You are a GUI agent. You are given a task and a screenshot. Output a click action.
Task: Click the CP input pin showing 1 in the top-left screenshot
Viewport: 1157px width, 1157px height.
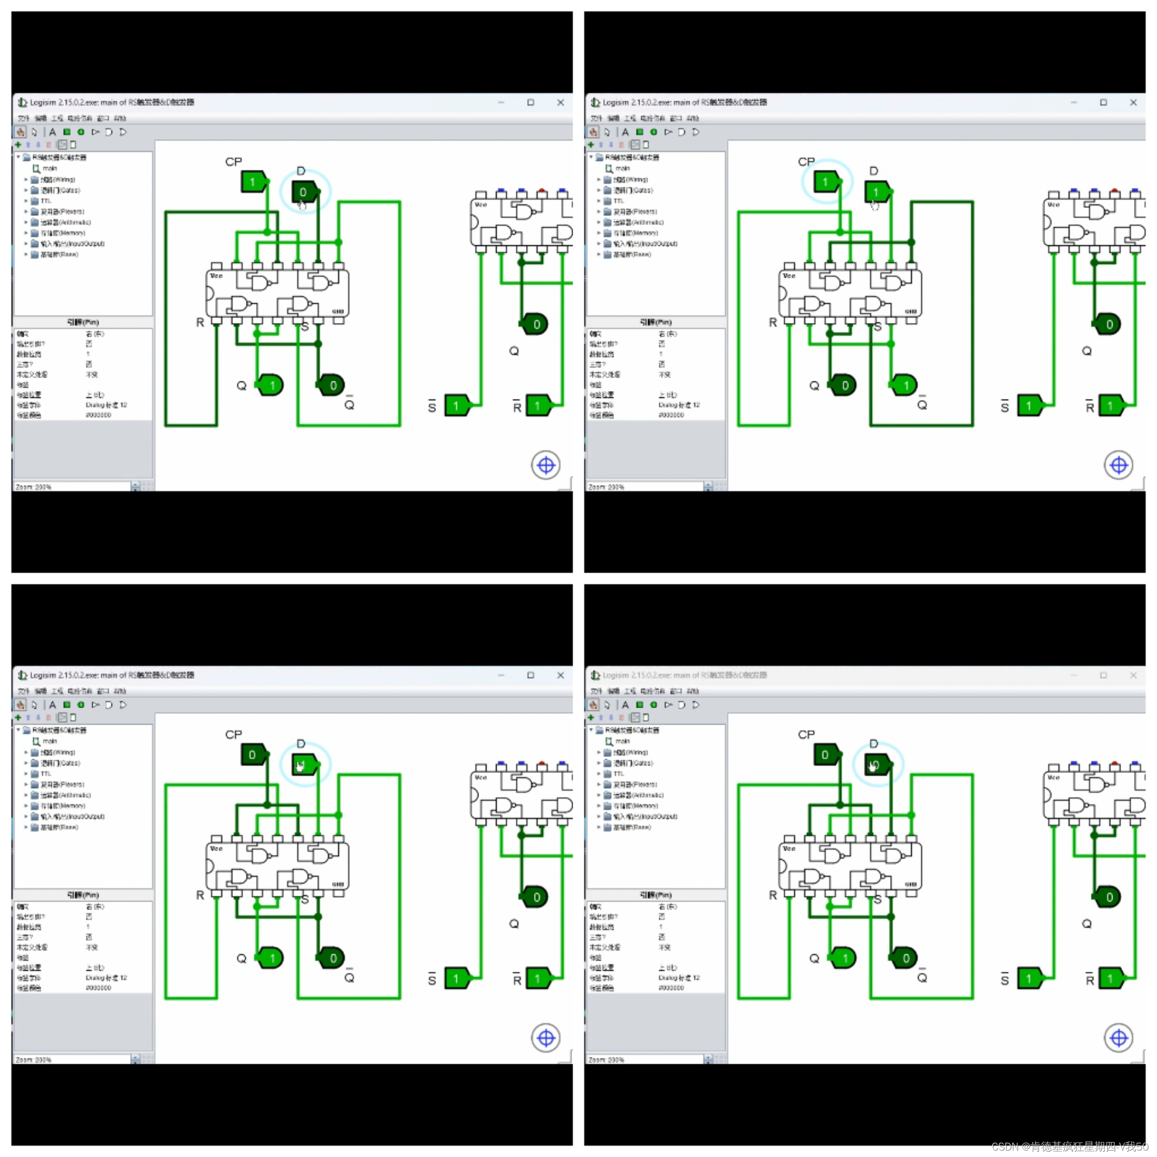pos(253,182)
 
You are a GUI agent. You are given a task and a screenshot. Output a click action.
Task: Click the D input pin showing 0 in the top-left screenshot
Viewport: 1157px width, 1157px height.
pos(304,192)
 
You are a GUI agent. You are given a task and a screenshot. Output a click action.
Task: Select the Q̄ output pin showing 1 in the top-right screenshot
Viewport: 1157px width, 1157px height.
pos(905,385)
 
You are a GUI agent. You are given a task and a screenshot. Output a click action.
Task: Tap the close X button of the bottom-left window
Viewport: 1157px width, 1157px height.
pos(560,675)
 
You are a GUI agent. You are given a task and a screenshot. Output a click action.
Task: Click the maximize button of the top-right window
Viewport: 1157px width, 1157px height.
pos(1103,102)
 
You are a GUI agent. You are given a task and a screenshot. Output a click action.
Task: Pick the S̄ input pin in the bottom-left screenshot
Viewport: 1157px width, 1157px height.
pos(457,979)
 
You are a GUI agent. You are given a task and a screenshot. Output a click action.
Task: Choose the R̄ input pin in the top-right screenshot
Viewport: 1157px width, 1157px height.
pos(1111,406)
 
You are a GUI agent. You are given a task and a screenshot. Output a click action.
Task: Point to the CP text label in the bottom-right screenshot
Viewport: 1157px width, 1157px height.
pos(806,734)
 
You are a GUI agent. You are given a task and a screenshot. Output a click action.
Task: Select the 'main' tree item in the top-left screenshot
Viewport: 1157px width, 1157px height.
pos(49,168)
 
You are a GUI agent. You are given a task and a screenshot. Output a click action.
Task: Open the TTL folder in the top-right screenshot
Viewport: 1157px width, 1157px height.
pos(618,201)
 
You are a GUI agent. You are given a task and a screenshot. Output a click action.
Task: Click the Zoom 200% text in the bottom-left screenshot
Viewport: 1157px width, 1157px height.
pos(34,1060)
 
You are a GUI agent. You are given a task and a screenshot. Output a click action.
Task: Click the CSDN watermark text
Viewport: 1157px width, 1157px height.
pos(1069,1146)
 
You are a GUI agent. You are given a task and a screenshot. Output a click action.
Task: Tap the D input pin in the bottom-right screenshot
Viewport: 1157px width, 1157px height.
pos(877,765)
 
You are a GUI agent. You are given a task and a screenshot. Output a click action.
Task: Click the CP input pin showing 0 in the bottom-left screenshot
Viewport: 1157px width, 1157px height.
pos(253,755)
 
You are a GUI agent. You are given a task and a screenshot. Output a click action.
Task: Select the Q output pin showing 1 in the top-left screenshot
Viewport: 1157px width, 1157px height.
pos(271,385)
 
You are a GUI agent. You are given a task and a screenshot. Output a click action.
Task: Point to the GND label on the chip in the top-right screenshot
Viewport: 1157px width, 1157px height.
pos(910,311)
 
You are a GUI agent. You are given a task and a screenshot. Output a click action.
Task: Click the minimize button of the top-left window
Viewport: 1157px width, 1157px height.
pos(501,102)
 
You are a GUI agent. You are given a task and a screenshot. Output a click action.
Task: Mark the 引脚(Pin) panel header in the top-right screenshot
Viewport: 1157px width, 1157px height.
pos(655,322)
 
